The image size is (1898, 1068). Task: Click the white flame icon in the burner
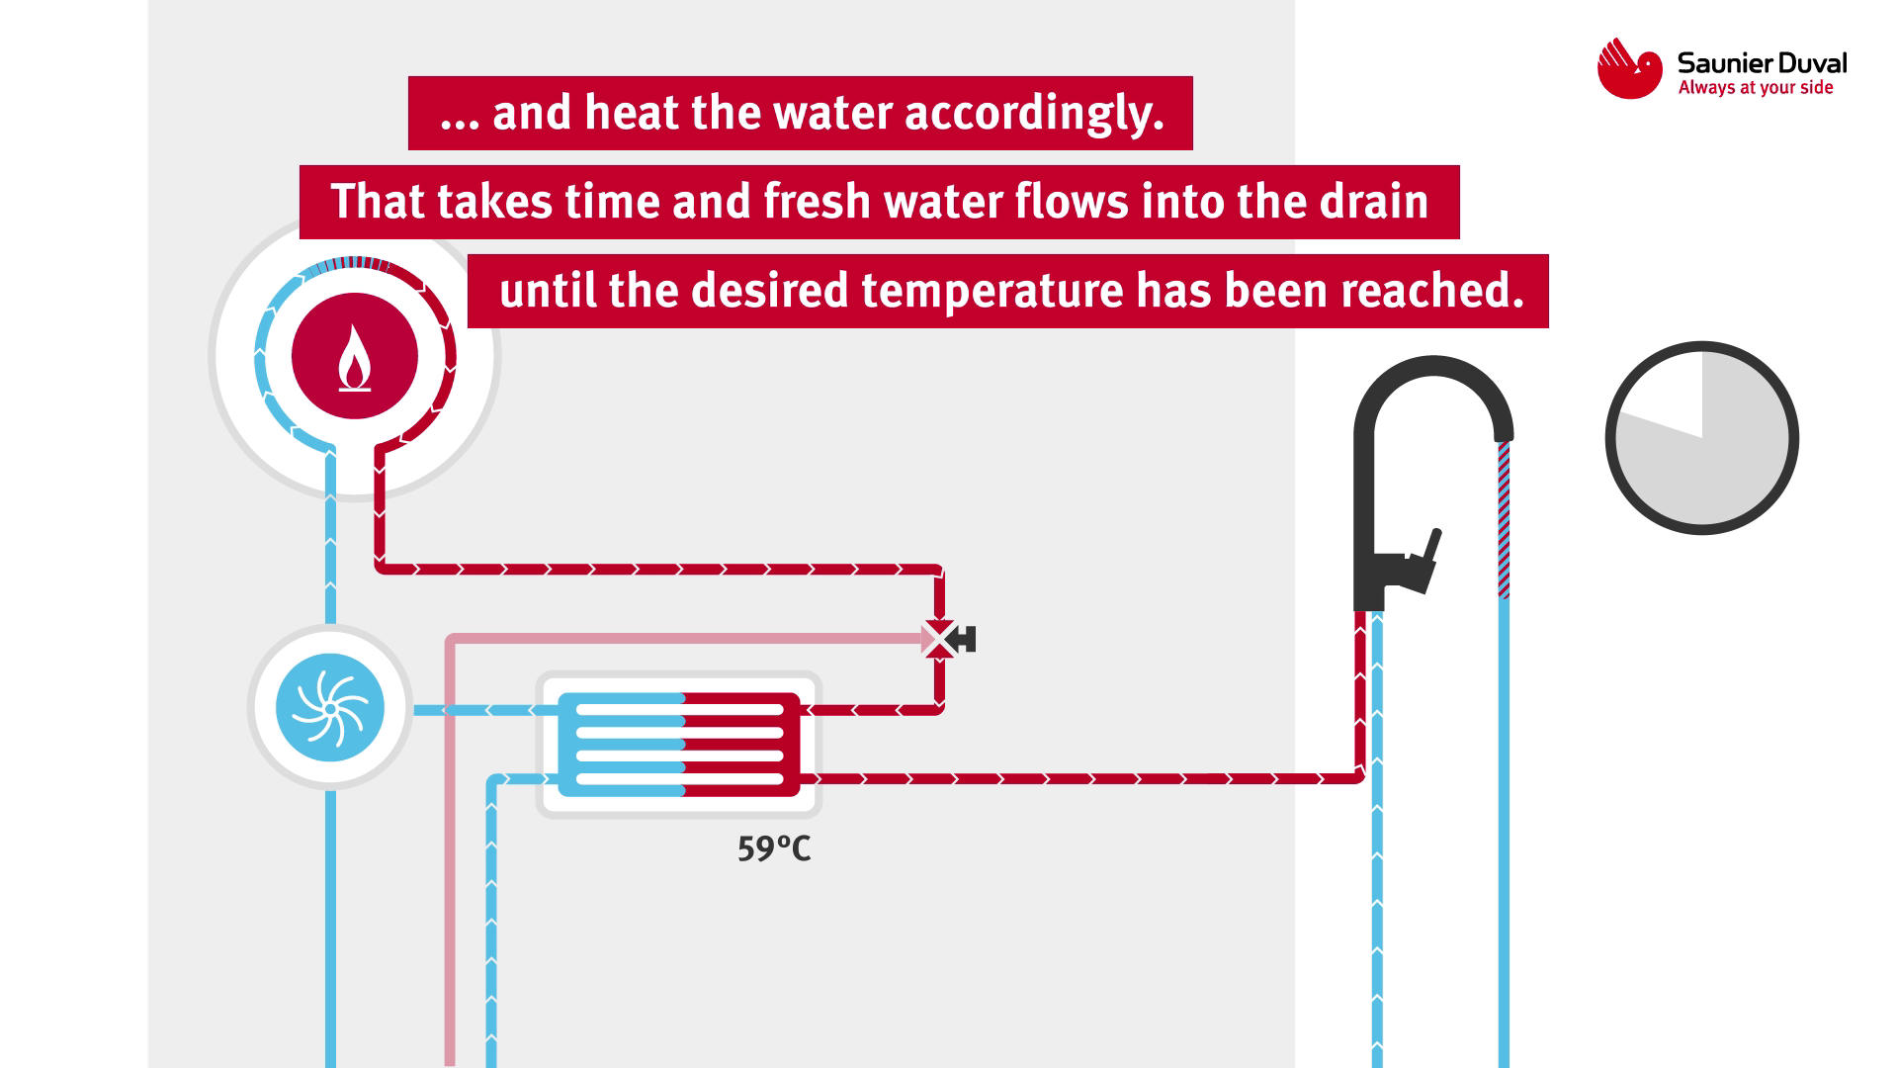355,360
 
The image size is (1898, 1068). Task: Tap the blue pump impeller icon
330,708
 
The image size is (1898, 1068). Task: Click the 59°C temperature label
774,848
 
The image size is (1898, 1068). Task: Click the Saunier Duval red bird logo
1629,69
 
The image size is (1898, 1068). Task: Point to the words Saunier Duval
1762,63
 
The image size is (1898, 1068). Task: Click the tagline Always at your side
1756,89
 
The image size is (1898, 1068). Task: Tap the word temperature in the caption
992,292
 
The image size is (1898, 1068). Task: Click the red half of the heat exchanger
741,745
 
